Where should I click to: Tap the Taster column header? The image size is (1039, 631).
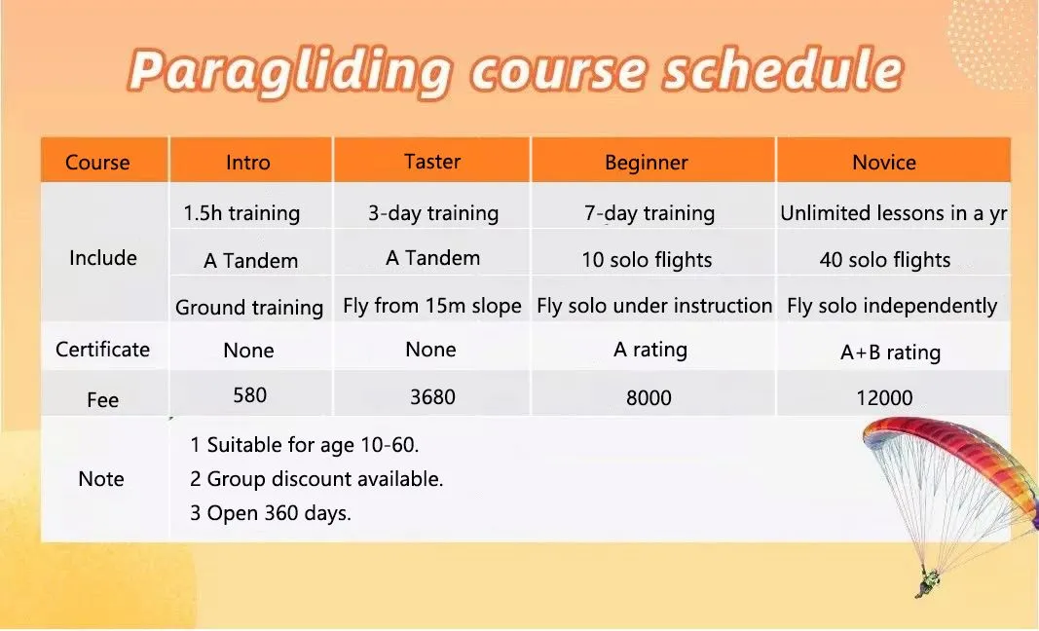pos(432,161)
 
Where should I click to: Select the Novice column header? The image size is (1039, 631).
pos(884,163)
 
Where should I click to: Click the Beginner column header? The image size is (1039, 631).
pos(646,163)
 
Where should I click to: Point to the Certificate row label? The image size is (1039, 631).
pos(102,350)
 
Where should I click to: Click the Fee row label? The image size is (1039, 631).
pos(102,400)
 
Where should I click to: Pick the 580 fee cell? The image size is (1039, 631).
pos(250,395)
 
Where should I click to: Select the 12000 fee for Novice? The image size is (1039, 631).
pos(884,397)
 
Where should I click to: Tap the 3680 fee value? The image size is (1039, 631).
pos(432,397)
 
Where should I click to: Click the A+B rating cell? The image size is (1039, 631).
pos(891,352)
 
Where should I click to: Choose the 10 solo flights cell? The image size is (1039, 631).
pos(647,260)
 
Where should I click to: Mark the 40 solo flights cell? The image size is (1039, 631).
pos(885,260)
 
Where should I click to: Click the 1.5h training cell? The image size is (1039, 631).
pos(241,213)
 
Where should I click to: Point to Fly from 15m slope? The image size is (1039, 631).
pos(432,306)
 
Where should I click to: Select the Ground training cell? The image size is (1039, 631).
pos(249,308)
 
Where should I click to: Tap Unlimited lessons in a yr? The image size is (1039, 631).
pos(894,213)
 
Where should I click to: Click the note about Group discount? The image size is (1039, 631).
pos(316,478)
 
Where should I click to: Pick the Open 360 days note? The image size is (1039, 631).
pos(271,513)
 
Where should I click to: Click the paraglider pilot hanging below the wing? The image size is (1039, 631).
pos(929,581)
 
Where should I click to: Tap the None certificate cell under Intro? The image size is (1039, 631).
pos(248,350)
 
